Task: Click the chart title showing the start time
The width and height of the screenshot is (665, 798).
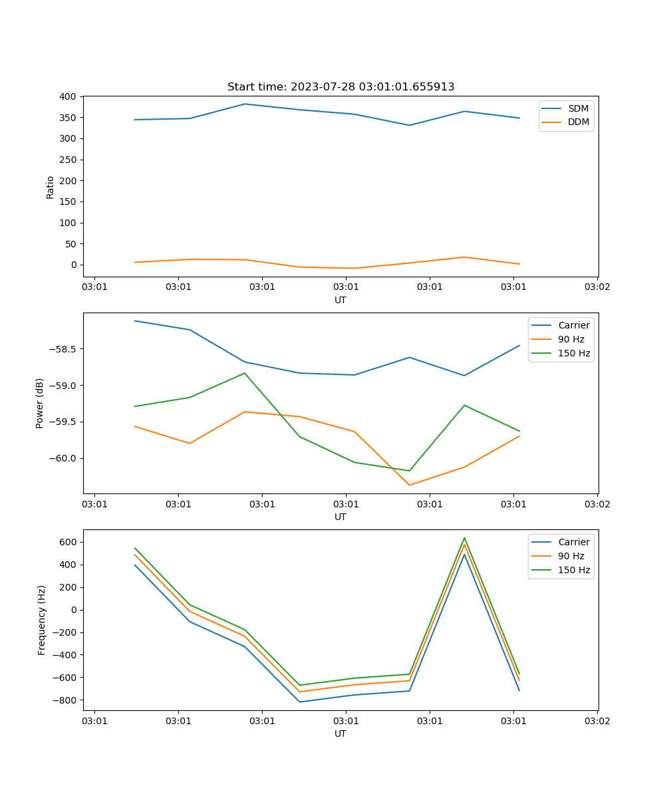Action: click(340, 87)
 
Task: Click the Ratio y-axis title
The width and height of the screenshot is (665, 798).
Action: click(51, 187)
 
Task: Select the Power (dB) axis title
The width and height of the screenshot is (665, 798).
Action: click(40, 403)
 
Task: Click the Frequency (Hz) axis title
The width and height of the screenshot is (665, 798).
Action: click(41, 620)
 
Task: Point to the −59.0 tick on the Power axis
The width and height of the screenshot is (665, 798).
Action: click(64, 386)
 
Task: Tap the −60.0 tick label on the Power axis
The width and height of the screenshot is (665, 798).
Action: click(64, 458)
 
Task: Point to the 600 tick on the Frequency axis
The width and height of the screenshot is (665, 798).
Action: click(69, 542)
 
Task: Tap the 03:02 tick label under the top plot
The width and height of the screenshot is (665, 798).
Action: click(597, 287)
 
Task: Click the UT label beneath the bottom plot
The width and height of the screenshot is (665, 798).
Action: click(340, 733)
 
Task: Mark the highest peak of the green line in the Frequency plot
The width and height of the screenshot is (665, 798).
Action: click(464, 538)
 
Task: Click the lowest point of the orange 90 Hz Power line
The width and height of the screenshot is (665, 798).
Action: click(409, 485)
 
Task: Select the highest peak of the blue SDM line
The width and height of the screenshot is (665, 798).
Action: click(245, 104)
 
